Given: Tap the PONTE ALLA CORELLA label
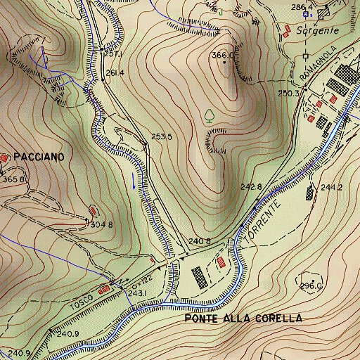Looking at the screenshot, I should (x=243, y=319).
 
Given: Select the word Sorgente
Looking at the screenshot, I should (x=317, y=31).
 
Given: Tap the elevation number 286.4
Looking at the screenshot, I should (x=301, y=7).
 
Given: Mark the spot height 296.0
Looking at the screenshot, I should (x=311, y=286).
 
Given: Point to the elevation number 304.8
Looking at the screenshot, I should (x=102, y=225).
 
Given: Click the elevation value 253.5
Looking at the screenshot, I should (x=162, y=137).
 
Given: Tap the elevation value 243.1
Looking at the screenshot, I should (x=136, y=293).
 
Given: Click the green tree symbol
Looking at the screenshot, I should (x=209, y=115).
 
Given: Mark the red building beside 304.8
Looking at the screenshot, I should (x=94, y=210).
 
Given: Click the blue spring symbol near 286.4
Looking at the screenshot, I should (x=312, y=13).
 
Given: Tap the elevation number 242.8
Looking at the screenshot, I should (x=251, y=187).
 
